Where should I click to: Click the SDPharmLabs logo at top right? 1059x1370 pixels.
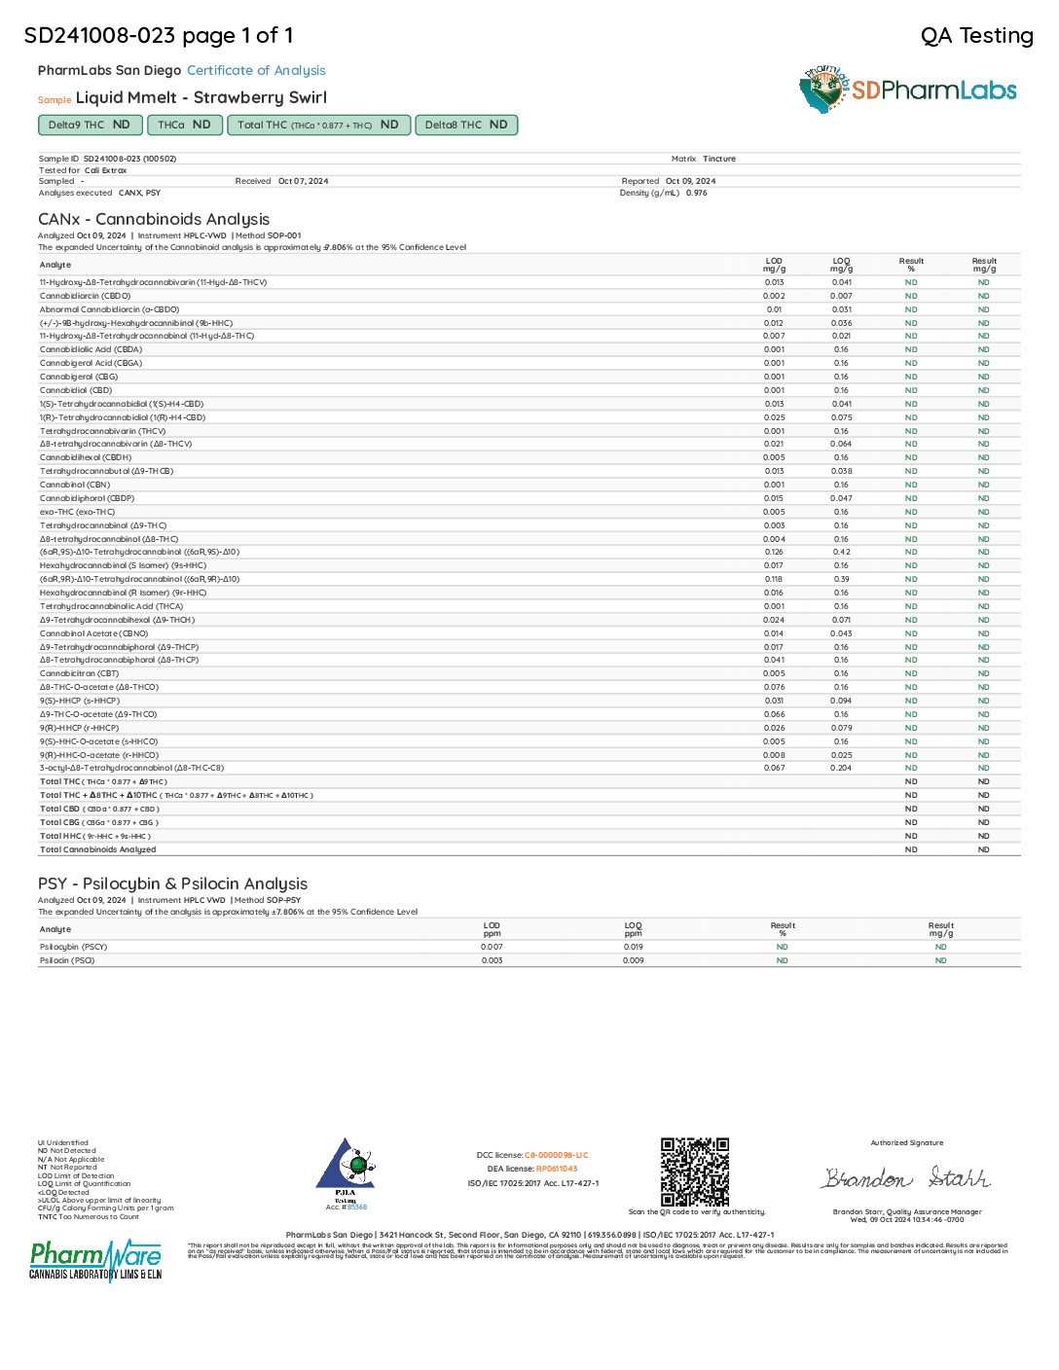pos(907,90)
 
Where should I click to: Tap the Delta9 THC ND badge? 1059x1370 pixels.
pos(89,125)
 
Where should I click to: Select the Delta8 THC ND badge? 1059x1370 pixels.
pos(465,125)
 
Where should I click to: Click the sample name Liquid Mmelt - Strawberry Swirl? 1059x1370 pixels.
pos(201,97)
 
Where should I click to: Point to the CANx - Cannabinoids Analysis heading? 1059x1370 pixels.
pos(154,219)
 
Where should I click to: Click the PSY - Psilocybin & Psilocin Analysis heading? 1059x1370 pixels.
pos(172,883)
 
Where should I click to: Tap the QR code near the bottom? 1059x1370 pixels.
pos(695,1172)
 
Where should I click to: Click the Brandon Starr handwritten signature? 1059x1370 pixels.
pos(905,1178)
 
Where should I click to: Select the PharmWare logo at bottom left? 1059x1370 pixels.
pos(95,1260)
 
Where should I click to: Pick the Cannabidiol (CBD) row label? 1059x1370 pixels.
pos(76,390)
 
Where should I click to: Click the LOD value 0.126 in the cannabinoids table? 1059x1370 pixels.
pos(774,552)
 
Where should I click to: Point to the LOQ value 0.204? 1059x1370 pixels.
pos(842,768)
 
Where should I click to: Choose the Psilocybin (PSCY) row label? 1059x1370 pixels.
pos(73,947)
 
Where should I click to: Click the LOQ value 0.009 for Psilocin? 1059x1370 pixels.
pos(633,960)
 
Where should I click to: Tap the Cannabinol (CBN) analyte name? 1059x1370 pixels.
pos(75,485)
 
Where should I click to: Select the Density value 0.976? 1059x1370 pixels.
pos(696,193)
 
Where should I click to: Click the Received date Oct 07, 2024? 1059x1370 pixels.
pos(303,181)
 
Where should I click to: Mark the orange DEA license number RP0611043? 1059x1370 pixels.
pos(557,1169)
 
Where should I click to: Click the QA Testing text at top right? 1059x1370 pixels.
pos(976,36)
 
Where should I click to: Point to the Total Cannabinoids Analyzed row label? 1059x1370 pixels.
pos(97,849)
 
